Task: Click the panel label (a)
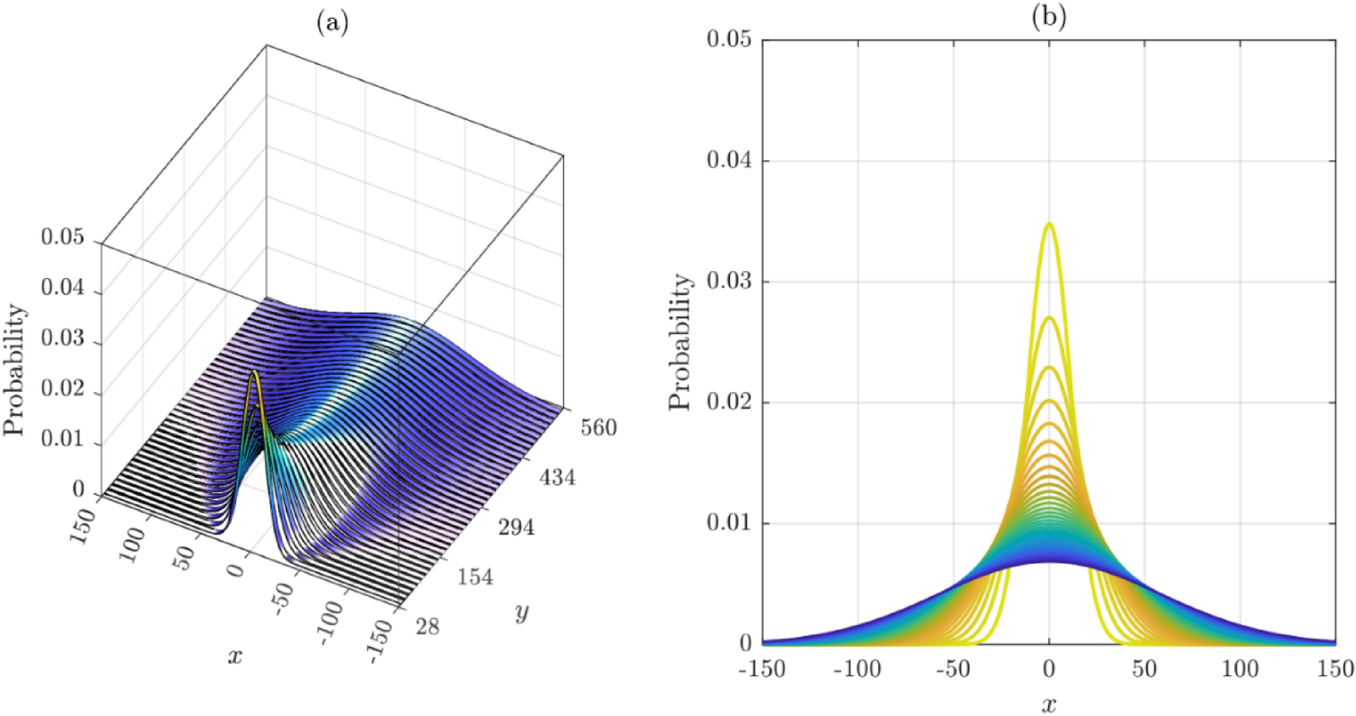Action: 332,24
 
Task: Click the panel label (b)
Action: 1049,17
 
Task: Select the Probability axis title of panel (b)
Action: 680,342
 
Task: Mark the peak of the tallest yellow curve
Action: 1049,224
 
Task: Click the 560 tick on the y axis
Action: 598,427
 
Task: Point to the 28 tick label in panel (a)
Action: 427,626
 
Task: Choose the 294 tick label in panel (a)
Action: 516,527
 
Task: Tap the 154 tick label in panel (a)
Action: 476,577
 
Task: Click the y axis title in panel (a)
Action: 522,612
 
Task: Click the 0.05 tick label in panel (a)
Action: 63,237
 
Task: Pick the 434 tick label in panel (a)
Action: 557,478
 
